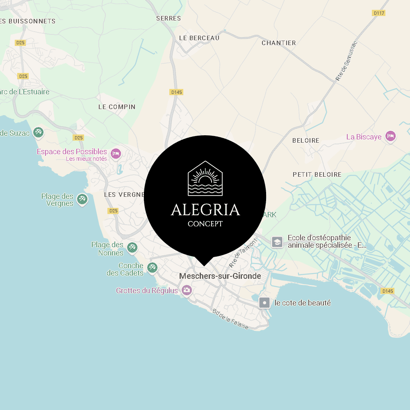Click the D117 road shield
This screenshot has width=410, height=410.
pyautogui.click(x=379, y=13)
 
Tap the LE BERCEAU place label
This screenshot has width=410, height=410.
pyautogui.click(x=199, y=38)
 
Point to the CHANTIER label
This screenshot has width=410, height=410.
pyautogui.click(x=279, y=43)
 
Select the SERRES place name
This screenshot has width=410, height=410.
pyautogui.click(x=169, y=18)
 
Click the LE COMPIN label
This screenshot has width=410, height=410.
pyautogui.click(x=117, y=107)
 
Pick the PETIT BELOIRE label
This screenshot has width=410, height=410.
pyautogui.click(x=317, y=174)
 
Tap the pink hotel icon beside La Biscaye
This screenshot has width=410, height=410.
pyautogui.click(x=391, y=136)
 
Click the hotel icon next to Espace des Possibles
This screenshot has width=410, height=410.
pyautogui.click(x=116, y=154)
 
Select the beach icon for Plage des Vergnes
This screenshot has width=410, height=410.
pyautogui.click(x=82, y=200)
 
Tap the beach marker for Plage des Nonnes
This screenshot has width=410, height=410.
pyautogui.click(x=132, y=247)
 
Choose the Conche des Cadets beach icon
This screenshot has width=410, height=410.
pyautogui.click(x=153, y=267)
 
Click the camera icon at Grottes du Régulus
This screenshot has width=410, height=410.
pyautogui.click(x=187, y=290)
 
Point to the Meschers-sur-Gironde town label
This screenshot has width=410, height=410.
pyautogui.click(x=220, y=276)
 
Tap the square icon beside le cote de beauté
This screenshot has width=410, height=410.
pyautogui.click(x=265, y=303)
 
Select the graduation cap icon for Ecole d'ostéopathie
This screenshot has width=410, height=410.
pyautogui.click(x=277, y=242)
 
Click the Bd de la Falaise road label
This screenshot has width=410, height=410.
pyautogui.click(x=230, y=319)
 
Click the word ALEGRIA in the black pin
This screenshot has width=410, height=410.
pyautogui.click(x=205, y=210)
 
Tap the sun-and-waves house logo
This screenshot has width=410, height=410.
pyautogui.click(x=205, y=178)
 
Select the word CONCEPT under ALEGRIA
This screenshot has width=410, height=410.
pyautogui.click(x=205, y=224)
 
